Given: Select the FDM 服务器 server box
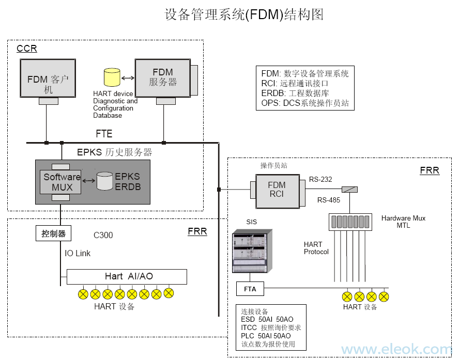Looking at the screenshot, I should click(x=162, y=77).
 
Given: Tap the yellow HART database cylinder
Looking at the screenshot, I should click(x=111, y=77).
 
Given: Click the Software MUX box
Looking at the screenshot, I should click(x=62, y=182).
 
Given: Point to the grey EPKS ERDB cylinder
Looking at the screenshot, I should click(x=105, y=181).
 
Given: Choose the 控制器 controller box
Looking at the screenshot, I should click(x=54, y=234).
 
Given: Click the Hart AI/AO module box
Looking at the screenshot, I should click(x=127, y=276).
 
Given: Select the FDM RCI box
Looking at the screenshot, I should click(x=277, y=191).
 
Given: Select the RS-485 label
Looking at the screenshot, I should click(x=328, y=200).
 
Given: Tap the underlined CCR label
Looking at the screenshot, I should click(x=27, y=49).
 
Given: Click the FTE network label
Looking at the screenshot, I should click(x=104, y=134).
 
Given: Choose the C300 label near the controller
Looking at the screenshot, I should click(x=103, y=236).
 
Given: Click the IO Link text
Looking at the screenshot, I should click(x=78, y=254).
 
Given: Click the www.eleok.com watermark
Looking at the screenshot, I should click(x=396, y=350).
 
